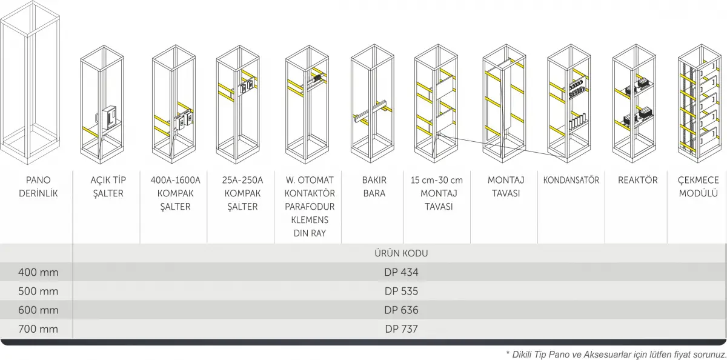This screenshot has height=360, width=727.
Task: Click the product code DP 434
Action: click(x=401, y=272)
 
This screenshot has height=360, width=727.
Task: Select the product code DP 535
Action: click(x=401, y=291)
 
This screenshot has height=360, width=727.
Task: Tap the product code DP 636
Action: click(x=401, y=310)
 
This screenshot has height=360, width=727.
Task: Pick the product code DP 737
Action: click(x=401, y=329)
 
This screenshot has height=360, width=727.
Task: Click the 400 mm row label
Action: click(x=38, y=272)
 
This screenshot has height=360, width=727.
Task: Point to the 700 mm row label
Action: click(x=38, y=329)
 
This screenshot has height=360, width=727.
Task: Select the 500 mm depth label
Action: click(x=38, y=291)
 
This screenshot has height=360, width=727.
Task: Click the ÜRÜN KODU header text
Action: click(x=401, y=253)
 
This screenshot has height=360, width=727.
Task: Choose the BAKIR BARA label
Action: click(x=374, y=187)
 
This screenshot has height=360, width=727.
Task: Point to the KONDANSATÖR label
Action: click(x=571, y=180)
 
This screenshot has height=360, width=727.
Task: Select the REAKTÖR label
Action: click(x=637, y=180)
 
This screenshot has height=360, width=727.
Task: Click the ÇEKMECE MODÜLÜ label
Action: click(x=698, y=187)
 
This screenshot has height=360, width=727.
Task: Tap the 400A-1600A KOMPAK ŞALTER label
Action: click(x=175, y=193)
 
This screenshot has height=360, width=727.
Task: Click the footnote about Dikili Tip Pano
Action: click(x=615, y=353)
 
